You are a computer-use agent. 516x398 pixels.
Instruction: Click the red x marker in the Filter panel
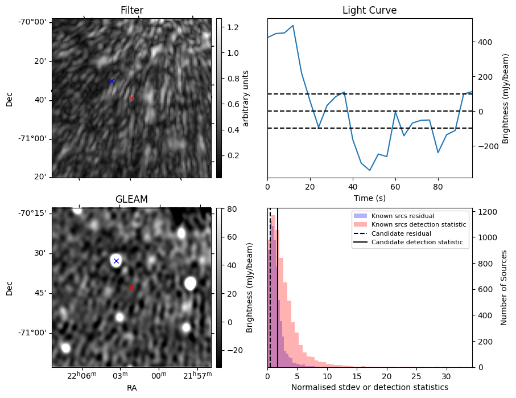tap(131, 98)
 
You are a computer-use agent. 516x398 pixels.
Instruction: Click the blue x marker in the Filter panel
tap(112, 81)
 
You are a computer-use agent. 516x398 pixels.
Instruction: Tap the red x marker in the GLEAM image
tap(131, 288)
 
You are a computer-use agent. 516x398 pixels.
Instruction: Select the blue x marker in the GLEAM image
tap(116, 261)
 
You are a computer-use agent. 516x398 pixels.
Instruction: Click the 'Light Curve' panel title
tap(369, 10)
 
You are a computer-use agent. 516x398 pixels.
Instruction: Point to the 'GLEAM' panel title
tap(131, 199)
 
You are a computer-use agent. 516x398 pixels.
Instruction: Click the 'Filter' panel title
tap(131, 10)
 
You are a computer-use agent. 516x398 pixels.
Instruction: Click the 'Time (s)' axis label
tap(369, 198)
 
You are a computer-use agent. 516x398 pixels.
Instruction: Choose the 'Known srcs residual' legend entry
tap(402, 216)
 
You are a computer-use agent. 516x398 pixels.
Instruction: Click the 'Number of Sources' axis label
tap(505, 288)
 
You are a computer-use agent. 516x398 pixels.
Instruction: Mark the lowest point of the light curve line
tap(370, 170)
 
